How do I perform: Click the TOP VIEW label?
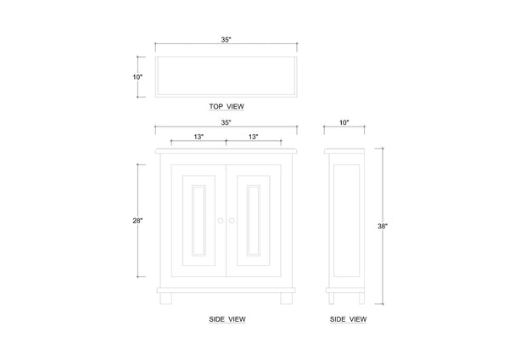tap(227, 106)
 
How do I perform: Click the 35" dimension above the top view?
tap(226, 40)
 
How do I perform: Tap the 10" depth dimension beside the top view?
tap(137, 77)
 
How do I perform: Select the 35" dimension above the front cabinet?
tap(226, 122)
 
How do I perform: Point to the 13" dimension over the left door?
tap(199, 137)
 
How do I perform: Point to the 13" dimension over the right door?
tap(253, 137)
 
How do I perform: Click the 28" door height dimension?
tap(137, 221)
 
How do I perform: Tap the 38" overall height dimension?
tap(383, 226)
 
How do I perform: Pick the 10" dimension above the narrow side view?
tap(344, 122)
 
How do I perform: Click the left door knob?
tap(221, 221)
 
